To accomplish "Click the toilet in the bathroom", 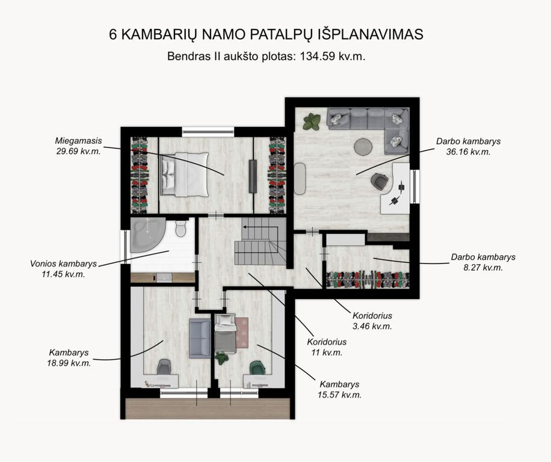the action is (180, 229).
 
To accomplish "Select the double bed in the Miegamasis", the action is (185, 174).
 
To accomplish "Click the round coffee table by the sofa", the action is (363, 147).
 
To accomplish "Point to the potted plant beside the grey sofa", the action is (312, 122).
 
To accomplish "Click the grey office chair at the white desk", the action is (380, 182).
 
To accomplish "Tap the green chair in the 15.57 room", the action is (257, 368).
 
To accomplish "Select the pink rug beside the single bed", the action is (242, 332).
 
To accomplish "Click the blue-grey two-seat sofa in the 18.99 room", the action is (200, 338).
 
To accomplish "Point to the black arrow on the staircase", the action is (260, 227).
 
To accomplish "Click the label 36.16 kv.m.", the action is (468, 152).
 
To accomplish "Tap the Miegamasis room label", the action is (78, 141).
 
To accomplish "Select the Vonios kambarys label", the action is (63, 264).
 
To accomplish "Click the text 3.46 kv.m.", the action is (372, 327).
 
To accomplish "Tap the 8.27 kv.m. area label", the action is (483, 268).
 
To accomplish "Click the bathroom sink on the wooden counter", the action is (164, 277).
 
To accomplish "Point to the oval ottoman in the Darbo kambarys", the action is (300, 179).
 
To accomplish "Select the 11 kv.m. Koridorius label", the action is (327, 353).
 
